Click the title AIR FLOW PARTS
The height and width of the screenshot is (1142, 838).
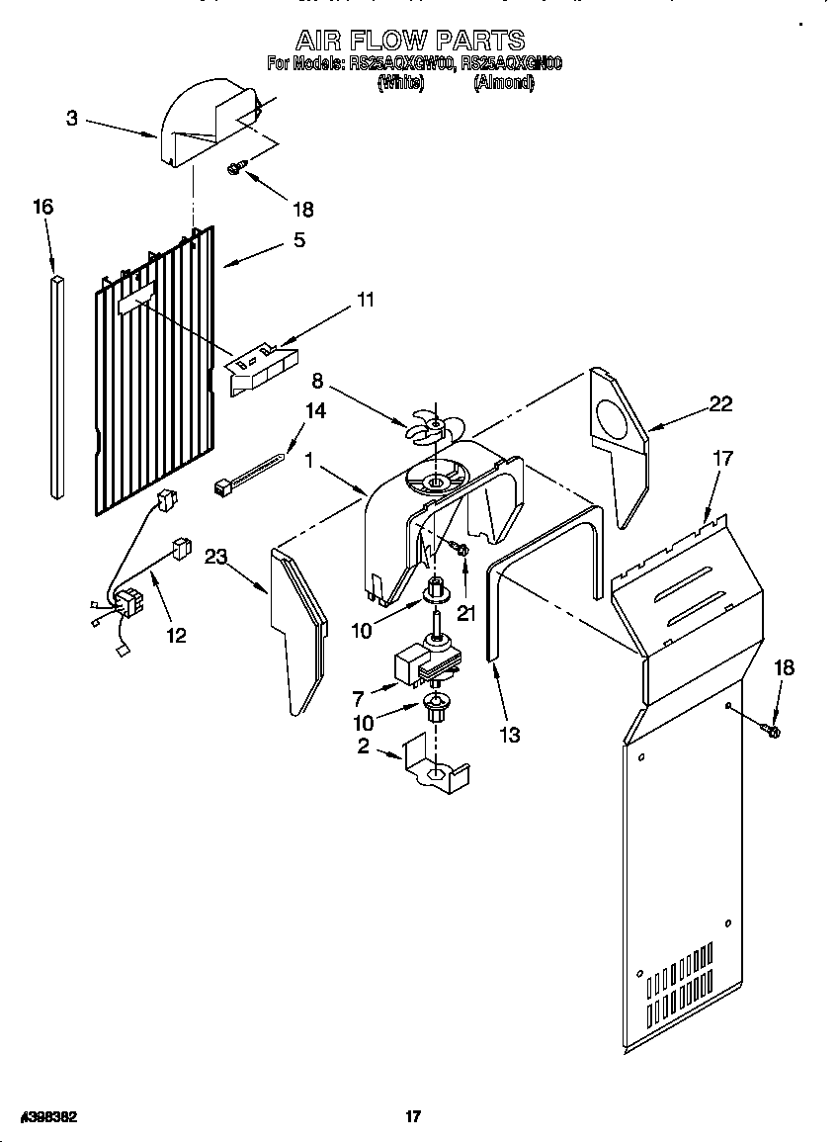pos(410,41)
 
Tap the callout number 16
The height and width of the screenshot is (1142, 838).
pos(42,207)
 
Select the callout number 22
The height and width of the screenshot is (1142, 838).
pos(720,402)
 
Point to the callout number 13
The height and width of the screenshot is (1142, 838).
pos(510,735)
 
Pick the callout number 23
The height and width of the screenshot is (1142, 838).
pos(216,557)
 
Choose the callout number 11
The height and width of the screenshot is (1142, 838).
pos(366,299)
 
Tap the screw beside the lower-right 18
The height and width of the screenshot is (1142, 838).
pos(772,731)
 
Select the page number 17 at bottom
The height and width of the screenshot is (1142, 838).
pos(413,1116)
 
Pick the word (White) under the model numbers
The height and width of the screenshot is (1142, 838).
pos(400,84)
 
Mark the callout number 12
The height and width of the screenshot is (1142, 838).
pos(176,635)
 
